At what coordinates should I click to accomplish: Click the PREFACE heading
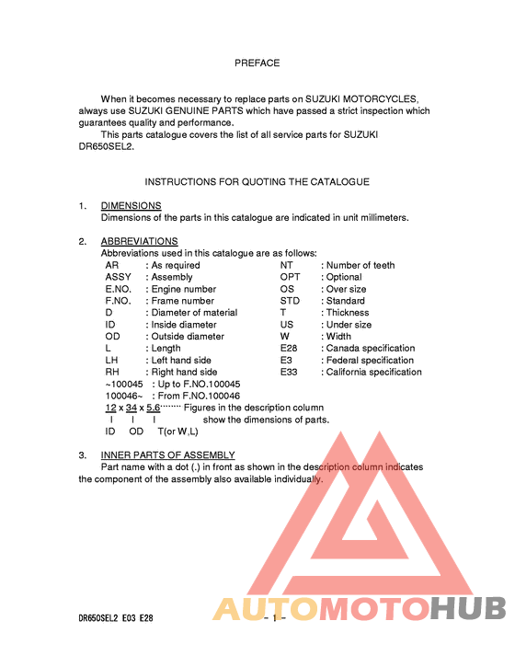coord(257,63)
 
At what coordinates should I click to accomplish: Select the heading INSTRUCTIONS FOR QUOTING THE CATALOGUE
coord(257,182)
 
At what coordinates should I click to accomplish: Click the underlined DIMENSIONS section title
coord(131,206)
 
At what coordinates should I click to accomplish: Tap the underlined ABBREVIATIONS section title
coord(139,242)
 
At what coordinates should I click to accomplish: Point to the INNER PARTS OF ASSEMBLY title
coord(167,455)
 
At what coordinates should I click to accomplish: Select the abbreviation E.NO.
coord(119,289)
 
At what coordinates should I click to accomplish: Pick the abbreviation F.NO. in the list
coord(119,301)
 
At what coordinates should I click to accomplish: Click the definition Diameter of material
coord(194,313)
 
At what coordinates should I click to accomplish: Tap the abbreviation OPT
coord(290,277)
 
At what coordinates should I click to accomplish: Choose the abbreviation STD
coord(290,301)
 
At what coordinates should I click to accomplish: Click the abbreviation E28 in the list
coord(290,349)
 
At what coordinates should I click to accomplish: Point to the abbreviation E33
coord(290,373)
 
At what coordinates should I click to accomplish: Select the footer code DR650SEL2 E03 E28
coord(115,618)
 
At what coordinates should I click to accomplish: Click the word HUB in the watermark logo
coord(469,609)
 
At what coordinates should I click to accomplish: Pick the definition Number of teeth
coord(360,265)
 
